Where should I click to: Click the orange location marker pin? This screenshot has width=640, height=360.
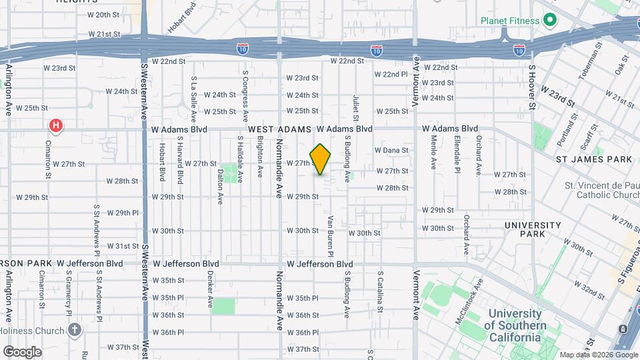point(321,159)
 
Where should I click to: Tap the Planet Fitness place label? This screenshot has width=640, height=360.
point(509,21)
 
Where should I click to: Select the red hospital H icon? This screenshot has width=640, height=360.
point(57,125)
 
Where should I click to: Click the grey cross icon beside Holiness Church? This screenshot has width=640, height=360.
point(75,329)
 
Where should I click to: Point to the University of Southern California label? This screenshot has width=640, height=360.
point(515,325)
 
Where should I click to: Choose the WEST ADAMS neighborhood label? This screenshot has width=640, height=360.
point(280,129)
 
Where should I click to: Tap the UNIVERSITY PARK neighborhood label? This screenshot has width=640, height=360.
point(533,229)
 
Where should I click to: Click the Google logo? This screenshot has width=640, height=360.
point(22,351)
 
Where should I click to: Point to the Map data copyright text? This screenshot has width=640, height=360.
point(597,355)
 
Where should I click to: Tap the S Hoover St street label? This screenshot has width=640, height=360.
point(532,87)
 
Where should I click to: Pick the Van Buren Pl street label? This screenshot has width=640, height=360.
point(330,235)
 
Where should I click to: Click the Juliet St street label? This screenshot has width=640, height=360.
point(355,107)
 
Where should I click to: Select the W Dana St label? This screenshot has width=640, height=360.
point(391,151)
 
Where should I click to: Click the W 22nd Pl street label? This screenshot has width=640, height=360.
point(391,74)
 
